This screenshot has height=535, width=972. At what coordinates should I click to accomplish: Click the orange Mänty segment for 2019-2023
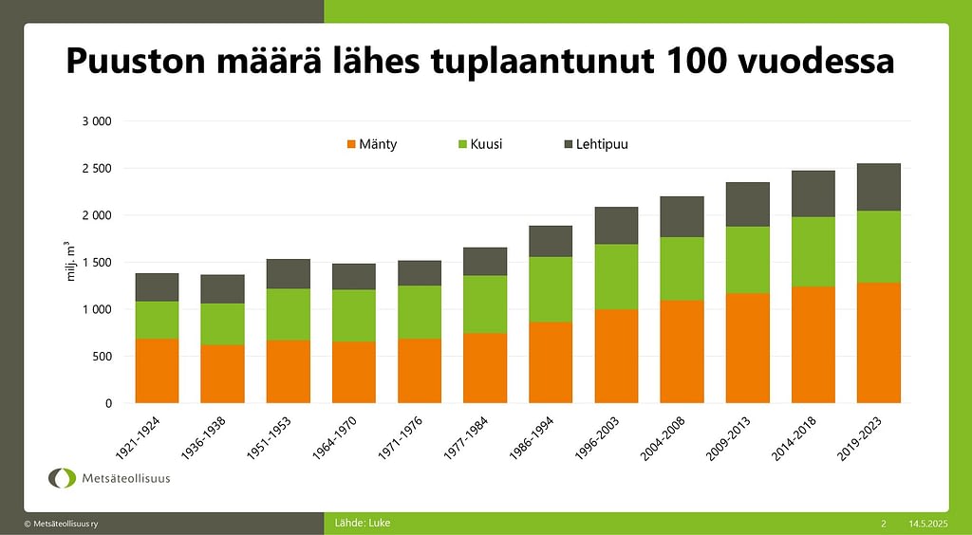(x=878, y=342)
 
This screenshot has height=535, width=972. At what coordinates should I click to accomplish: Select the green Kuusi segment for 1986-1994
(x=551, y=289)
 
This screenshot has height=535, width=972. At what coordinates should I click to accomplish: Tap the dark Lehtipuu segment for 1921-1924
(x=157, y=287)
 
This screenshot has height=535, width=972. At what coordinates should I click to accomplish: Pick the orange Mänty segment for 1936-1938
(x=222, y=374)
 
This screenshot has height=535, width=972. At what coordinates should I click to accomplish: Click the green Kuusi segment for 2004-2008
(x=682, y=268)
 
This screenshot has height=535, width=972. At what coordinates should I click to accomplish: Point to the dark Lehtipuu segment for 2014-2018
(x=813, y=194)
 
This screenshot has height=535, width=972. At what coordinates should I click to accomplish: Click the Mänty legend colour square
(x=351, y=144)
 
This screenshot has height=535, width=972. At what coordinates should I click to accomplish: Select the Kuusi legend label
(x=486, y=144)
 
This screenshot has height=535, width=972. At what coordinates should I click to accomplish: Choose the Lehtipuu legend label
(x=602, y=144)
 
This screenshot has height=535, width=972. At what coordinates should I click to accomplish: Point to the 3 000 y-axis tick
(x=96, y=121)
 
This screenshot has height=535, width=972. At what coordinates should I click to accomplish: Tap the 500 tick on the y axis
(x=102, y=357)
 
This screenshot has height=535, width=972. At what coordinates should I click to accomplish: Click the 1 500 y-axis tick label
(x=96, y=263)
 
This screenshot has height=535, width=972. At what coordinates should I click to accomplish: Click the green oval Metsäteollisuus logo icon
(x=63, y=478)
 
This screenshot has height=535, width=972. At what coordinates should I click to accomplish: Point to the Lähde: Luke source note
(x=363, y=523)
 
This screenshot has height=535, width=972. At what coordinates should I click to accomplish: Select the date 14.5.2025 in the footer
(x=927, y=524)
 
